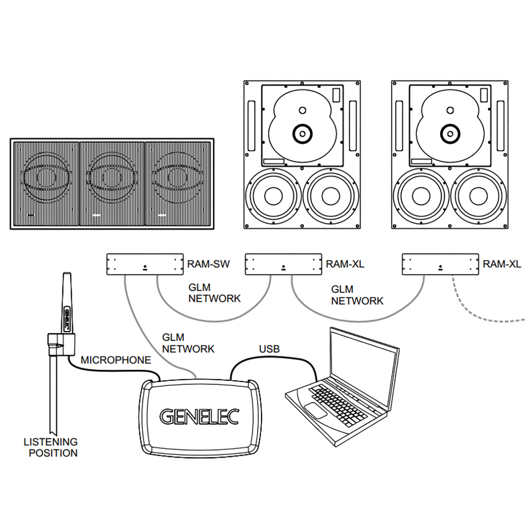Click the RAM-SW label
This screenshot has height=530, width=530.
tap(208, 264)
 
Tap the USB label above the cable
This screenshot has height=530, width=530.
tap(269, 349)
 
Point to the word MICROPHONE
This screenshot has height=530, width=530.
tap(116, 360)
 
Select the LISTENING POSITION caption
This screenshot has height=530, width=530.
tap(51, 448)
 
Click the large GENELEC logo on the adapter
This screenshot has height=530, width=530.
tap(200, 417)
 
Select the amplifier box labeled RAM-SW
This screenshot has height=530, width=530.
tap(145, 264)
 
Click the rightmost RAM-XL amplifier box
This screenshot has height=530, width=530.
tap(440, 264)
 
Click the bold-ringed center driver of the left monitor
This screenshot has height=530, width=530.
tap(303, 133)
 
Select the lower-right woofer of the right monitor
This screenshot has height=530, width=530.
tap(478, 196)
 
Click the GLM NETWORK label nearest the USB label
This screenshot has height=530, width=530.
tap(188, 343)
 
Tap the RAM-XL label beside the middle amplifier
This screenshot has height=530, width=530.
tap(345, 264)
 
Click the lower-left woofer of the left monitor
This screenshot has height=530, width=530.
tap(273, 196)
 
